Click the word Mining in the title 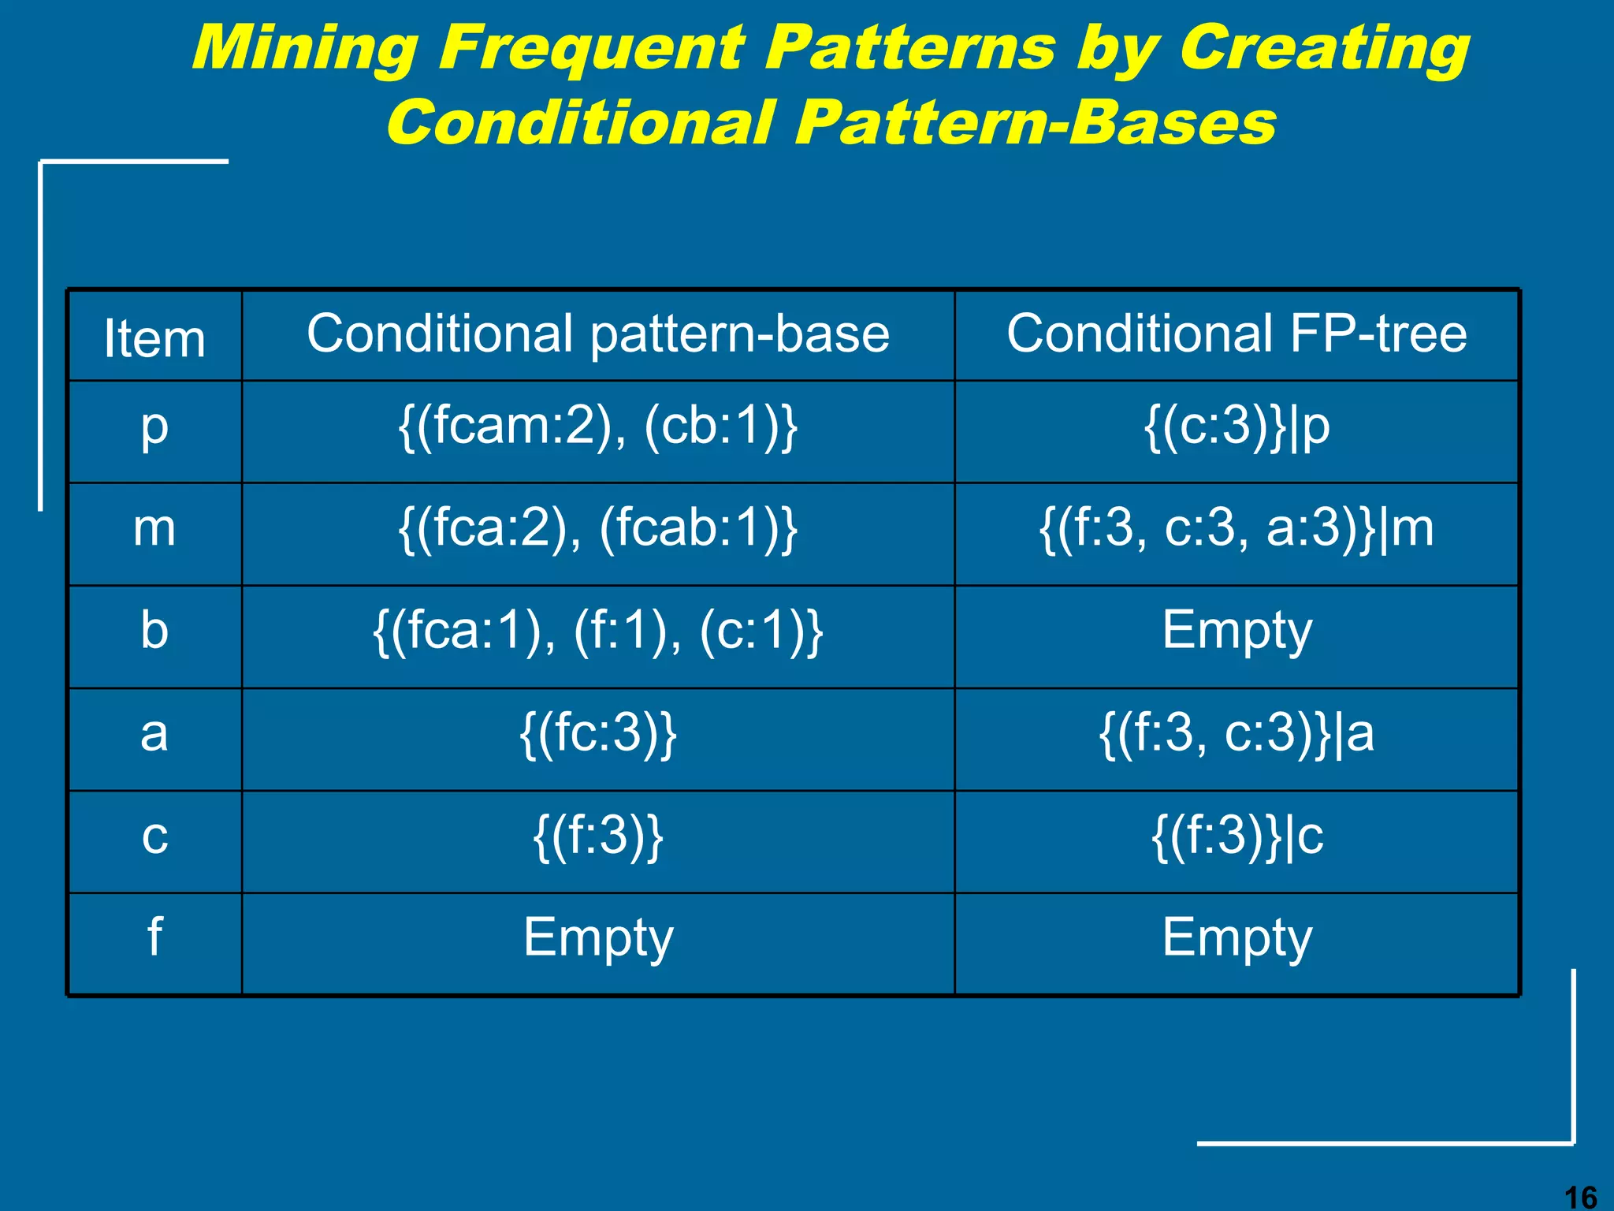pyautogui.click(x=304, y=49)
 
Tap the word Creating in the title pyautogui.click(x=1323, y=49)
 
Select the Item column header pyautogui.click(x=154, y=338)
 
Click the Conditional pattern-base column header pyautogui.click(x=597, y=334)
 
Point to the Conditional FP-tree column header pyautogui.click(x=1236, y=334)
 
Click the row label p pyautogui.click(x=154, y=428)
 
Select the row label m pyautogui.click(x=154, y=529)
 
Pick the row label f pyautogui.click(x=154, y=938)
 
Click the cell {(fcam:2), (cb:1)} pyautogui.click(x=597, y=428)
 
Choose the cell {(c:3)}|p pyautogui.click(x=1236, y=428)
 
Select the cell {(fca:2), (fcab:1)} pyautogui.click(x=597, y=529)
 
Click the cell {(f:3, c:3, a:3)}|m pyautogui.click(x=1236, y=529)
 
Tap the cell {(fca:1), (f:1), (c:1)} pyautogui.click(x=597, y=632)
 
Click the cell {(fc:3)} pyautogui.click(x=597, y=735)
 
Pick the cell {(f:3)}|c pyautogui.click(x=1236, y=837)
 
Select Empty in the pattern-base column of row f pyautogui.click(x=597, y=938)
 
